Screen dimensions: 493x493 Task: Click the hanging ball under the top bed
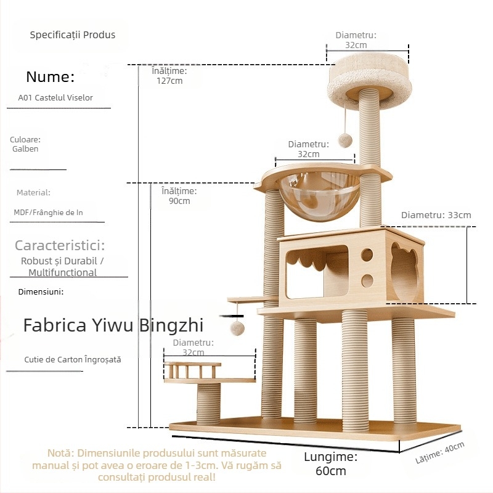[346, 141]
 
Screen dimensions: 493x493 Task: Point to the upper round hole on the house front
[367, 255]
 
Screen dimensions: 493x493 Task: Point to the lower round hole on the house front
[367, 281]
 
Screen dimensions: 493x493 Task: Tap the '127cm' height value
[169, 81]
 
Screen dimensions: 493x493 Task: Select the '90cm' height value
[179, 201]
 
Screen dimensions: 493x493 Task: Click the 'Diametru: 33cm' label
[436, 215]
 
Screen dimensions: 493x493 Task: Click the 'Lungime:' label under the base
[330, 457]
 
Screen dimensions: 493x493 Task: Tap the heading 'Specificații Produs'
[73, 35]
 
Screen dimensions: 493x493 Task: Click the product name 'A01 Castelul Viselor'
[55, 97]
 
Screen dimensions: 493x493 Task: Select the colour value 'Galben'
[25, 149]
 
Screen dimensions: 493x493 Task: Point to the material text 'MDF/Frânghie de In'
[49, 213]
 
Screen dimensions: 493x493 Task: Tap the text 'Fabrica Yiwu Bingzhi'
[113, 325]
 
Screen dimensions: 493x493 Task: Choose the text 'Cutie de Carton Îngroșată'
[73, 359]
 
